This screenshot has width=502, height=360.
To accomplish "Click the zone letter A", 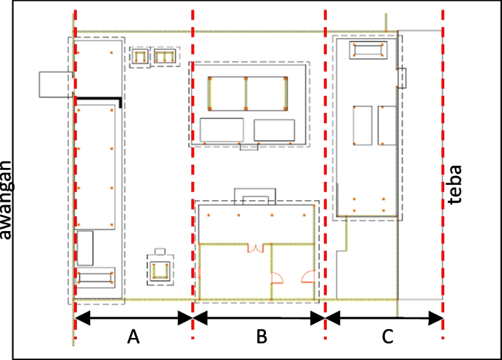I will tap(133, 337).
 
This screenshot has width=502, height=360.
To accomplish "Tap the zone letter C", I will tap(388, 337).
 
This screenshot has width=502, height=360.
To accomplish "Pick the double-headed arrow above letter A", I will tap(133, 318).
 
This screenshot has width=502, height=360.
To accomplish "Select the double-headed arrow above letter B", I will tap(259, 318).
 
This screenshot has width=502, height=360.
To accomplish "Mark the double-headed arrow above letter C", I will tap(385, 318).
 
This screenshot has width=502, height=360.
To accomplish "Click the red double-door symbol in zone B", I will tap(255, 248).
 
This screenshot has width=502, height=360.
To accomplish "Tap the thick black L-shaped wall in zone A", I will tap(99, 98).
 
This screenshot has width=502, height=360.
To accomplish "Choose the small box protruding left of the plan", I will tap(56, 84).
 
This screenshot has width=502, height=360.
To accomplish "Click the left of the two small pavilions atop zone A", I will tap(139, 56).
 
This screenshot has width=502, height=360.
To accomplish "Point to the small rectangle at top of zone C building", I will tap(367, 50).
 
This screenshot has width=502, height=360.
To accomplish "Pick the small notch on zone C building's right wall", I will tap(402, 76).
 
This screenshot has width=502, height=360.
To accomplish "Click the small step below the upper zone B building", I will tap(248, 147).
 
